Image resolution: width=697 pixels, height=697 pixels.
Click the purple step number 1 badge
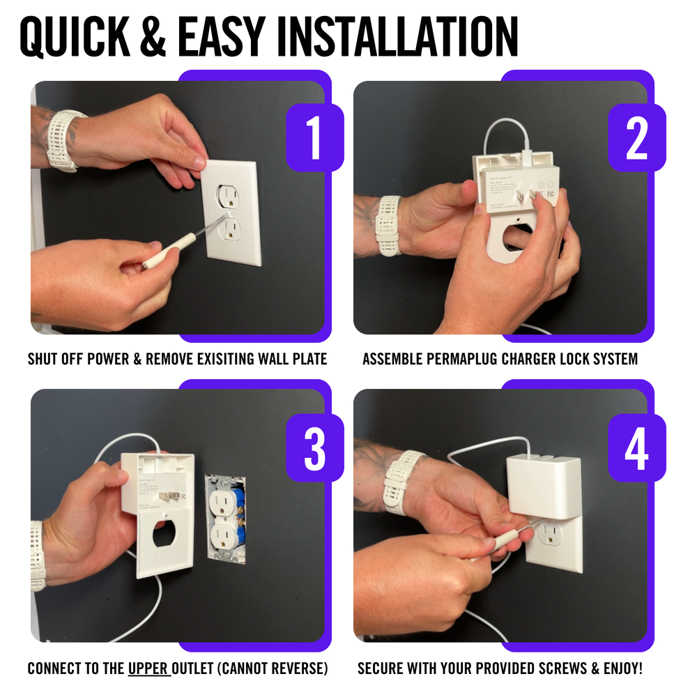[314, 138]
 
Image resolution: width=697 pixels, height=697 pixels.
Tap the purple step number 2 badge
[636, 138]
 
